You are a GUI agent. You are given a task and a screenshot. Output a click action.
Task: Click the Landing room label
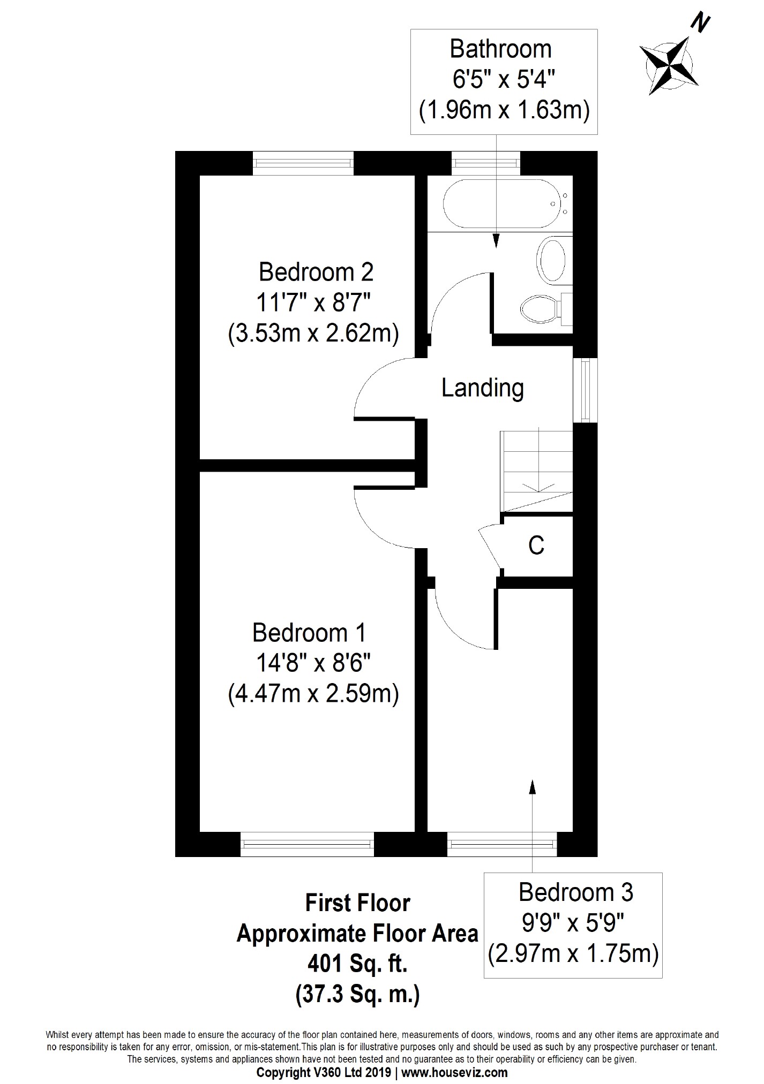click(x=482, y=388)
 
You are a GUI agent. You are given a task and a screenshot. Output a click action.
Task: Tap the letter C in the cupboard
click(x=536, y=545)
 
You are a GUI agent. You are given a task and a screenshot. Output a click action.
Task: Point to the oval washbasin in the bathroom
click(x=552, y=260)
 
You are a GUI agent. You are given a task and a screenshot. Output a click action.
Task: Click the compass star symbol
click(x=670, y=67)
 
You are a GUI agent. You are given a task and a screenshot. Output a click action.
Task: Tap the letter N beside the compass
click(x=700, y=22)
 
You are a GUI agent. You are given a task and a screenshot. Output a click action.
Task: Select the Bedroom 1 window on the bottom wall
click(x=307, y=844)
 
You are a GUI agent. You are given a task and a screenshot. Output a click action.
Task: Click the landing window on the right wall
click(x=585, y=389)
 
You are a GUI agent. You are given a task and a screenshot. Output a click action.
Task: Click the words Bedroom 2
click(x=316, y=272)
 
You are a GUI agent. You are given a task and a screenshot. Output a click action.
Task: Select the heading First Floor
click(x=357, y=904)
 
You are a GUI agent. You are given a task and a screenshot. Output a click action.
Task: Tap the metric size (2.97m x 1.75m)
click(x=573, y=954)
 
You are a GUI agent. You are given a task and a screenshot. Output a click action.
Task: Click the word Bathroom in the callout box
click(x=500, y=49)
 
